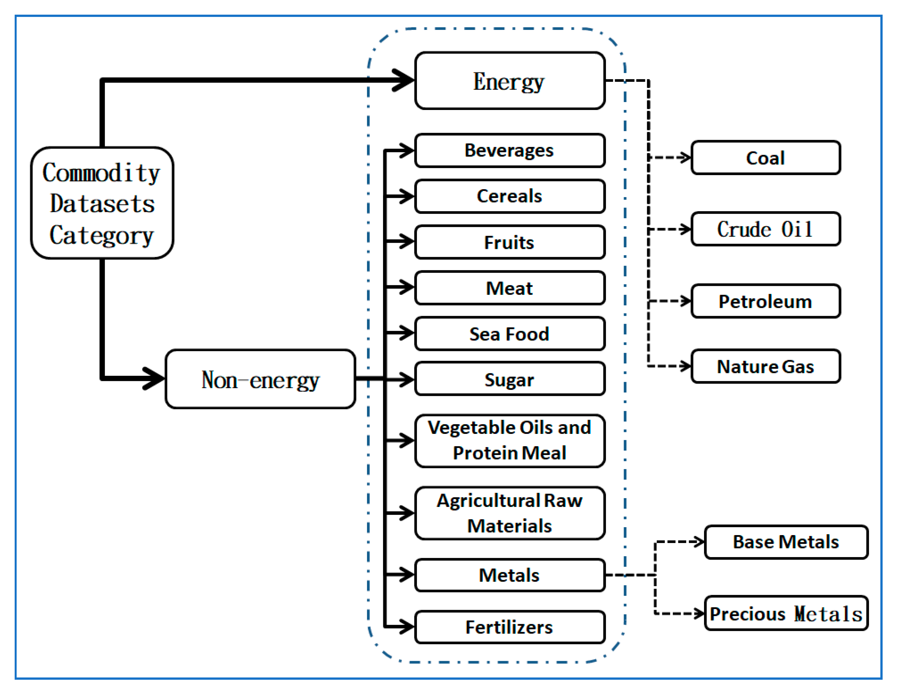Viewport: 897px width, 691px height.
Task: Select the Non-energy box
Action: coord(260,379)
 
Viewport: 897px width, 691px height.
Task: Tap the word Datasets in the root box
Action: coord(102,204)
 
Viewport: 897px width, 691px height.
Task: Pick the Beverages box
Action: coord(509,150)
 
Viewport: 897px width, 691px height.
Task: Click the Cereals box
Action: coord(509,196)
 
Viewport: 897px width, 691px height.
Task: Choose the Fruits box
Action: coord(509,242)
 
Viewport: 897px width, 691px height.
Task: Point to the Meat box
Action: coord(509,288)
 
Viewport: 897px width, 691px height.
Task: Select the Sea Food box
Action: coord(509,334)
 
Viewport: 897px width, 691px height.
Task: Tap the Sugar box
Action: coord(509,379)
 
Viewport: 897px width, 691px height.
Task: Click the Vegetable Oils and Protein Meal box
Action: coord(509,441)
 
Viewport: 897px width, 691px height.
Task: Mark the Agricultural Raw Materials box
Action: coord(509,513)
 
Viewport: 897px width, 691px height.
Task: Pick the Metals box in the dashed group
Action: coord(509,575)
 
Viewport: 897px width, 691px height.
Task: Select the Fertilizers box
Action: coord(509,627)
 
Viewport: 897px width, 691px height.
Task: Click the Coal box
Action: coord(765,158)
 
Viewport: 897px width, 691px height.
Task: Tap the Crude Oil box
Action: coord(765,229)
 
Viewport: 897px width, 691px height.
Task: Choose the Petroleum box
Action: coord(765,301)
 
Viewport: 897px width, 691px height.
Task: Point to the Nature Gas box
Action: coord(765,366)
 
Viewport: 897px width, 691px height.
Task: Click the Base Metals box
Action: coord(785,542)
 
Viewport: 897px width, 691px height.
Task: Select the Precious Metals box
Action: coord(785,613)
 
